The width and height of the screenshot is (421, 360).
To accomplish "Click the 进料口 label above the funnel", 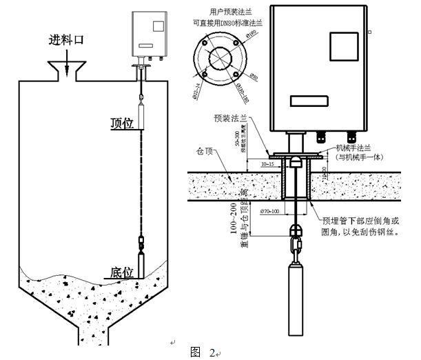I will click(65, 39).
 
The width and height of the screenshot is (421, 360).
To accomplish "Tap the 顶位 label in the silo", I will click(121, 123).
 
